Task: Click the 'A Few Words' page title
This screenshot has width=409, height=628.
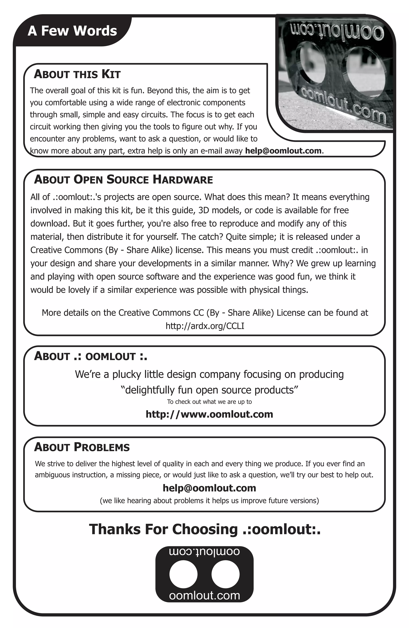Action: click(72, 31)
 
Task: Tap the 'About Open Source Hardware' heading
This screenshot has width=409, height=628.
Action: click(123, 180)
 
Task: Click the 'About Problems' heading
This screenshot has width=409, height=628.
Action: click(82, 447)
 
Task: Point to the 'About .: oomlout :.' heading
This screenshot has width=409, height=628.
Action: click(90, 356)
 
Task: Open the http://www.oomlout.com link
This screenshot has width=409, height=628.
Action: click(209, 414)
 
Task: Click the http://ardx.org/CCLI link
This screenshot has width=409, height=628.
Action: click(205, 326)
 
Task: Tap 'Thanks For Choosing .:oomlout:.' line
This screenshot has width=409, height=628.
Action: click(205, 529)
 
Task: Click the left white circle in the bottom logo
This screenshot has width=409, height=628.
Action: click(183, 574)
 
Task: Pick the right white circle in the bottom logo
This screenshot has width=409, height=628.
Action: click(225, 574)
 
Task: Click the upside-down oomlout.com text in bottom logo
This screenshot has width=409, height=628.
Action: click(204, 552)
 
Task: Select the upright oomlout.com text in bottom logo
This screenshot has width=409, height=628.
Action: click(204, 596)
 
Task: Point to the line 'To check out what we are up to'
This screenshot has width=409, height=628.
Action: click(209, 402)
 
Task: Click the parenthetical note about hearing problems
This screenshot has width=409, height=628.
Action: click(209, 501)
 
